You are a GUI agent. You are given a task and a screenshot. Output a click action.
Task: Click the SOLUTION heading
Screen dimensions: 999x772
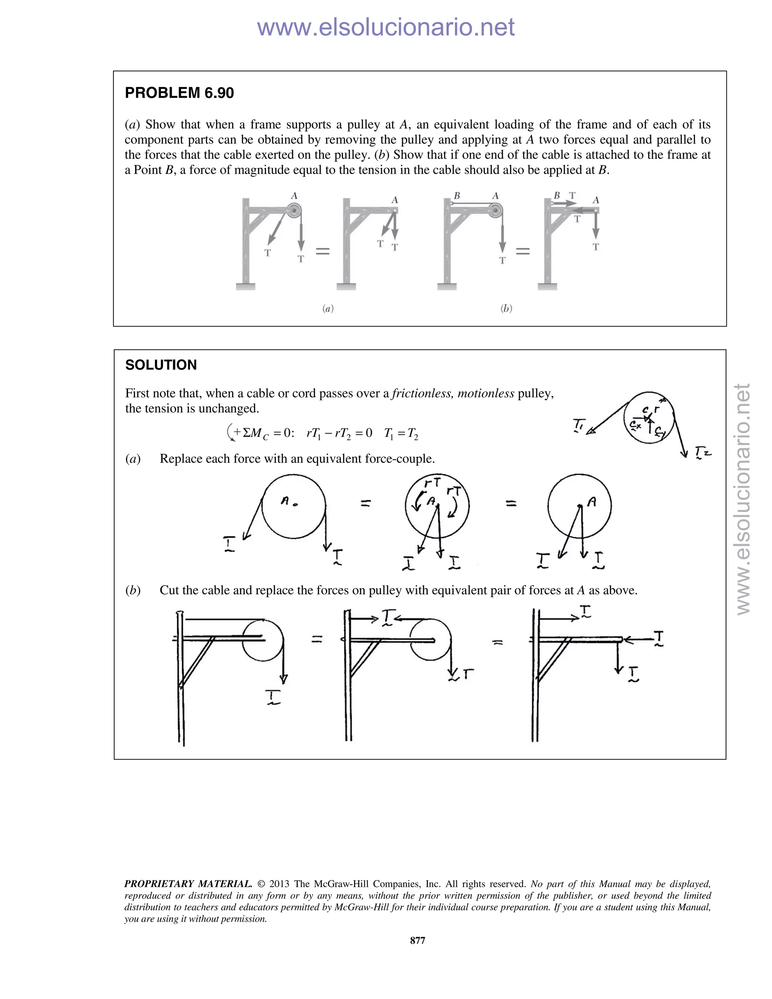click(x=161, y=365)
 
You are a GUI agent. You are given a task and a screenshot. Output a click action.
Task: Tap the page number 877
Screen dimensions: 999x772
click(x=418, y=940)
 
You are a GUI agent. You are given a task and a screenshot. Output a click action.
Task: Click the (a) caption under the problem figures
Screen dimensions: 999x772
click(x=328, y=308)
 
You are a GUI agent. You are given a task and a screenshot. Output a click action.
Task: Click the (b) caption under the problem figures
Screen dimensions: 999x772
click(x=506, y=308)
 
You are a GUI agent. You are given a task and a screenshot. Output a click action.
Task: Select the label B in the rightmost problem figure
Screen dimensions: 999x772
click(x=557, y=195)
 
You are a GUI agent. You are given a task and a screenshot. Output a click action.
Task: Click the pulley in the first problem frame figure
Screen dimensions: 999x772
click(x=294, y=211)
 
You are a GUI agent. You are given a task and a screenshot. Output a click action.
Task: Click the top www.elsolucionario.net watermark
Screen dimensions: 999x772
click(x=386, y=27)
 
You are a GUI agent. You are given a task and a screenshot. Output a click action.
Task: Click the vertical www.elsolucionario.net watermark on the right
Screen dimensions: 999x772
click(x=743, y=499)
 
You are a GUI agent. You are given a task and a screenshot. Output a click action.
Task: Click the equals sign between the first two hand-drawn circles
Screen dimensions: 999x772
click(x=365, y=504)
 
